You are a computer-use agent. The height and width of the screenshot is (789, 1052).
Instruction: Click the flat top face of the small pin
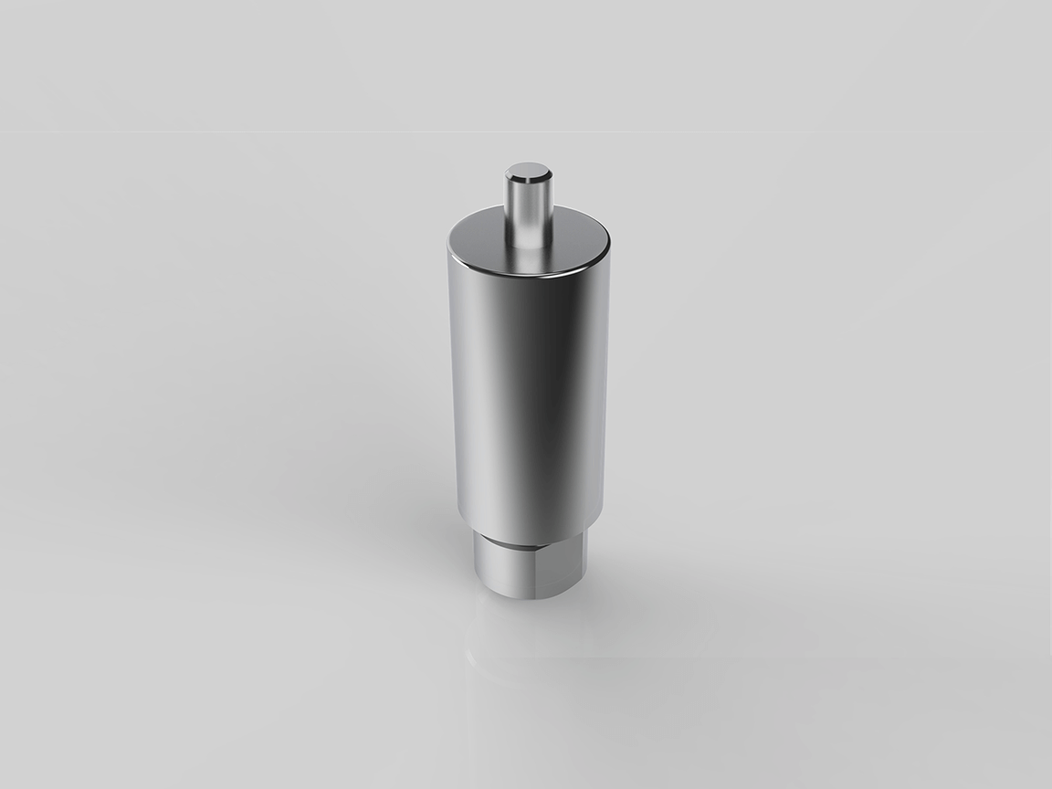click(529, 171)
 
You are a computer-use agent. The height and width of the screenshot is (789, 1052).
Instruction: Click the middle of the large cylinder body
click(529, 393)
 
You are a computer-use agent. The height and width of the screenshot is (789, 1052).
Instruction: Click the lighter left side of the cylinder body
click(470, 393)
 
